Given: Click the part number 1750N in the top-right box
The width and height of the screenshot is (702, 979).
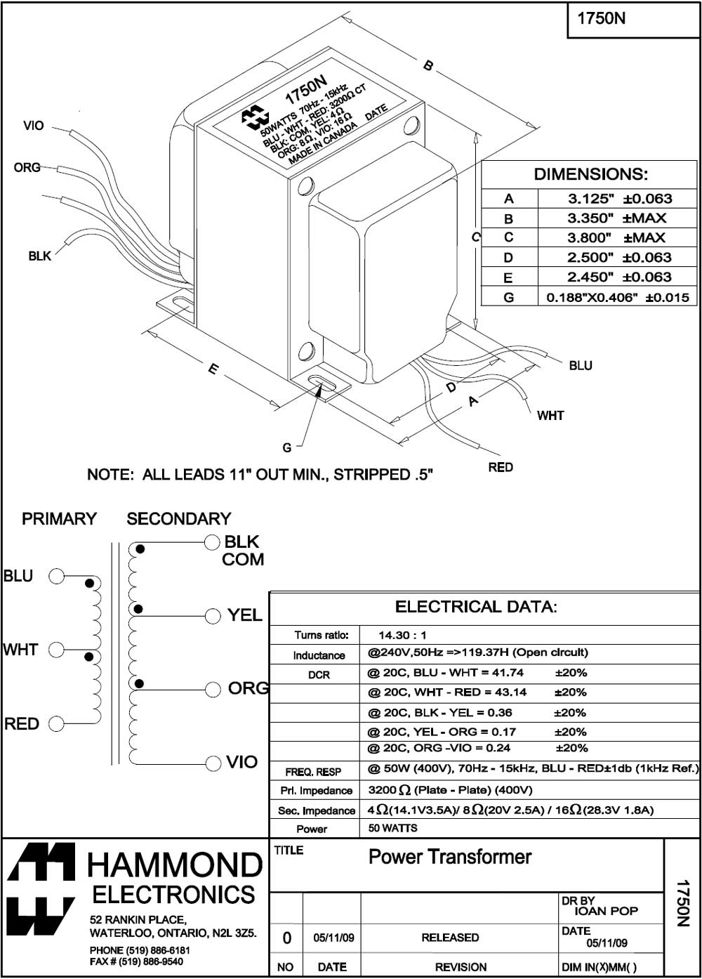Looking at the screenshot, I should coord(601,19).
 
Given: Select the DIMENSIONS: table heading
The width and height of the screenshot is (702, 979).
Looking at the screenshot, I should coord(590,174).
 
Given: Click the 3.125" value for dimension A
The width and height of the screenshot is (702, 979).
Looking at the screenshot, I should coord(590,199).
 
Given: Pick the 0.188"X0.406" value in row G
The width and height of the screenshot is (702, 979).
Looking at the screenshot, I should coord(592,297).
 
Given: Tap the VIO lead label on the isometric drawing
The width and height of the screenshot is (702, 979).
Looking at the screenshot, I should coord(33,126).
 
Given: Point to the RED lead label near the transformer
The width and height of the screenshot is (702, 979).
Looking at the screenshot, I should coord(501,467).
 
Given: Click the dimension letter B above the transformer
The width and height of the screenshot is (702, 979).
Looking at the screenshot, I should coord(428,66).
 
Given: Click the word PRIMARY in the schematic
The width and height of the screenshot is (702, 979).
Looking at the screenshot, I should coord(59,519).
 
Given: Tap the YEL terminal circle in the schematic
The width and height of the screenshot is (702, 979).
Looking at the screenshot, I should coord(213,616).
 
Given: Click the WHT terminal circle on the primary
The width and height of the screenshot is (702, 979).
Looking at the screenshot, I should coord(57,650).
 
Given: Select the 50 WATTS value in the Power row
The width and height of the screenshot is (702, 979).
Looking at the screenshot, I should coord(392,829).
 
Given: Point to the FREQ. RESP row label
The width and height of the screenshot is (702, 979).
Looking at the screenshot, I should coord(313,772).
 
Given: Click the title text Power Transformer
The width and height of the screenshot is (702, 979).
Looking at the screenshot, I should coord(450,857).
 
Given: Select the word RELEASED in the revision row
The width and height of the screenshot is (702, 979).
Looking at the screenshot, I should coord(450,938).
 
